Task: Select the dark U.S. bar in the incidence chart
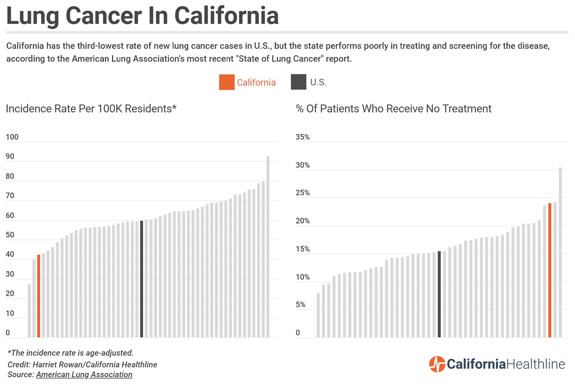[x=141, y=279]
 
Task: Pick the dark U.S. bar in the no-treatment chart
[x=439, y=294]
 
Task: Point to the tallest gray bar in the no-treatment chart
[x=560, y=252]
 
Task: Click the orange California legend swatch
[x=227, y=82]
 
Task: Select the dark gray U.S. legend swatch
[x=298, y=82]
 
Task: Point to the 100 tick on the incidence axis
[x=12, y=137]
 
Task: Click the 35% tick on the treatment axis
[x=303, y=137]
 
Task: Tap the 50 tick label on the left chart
[x=10, y=235]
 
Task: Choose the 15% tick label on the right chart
[x=303, y=249]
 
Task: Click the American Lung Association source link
[x=84, y=375]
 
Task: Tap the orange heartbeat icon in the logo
[x=437, y=364]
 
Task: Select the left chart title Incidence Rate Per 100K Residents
[x=91, y=109]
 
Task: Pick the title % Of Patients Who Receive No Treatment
[x=394, y=109]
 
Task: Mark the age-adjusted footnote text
[x=71, y=353]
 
